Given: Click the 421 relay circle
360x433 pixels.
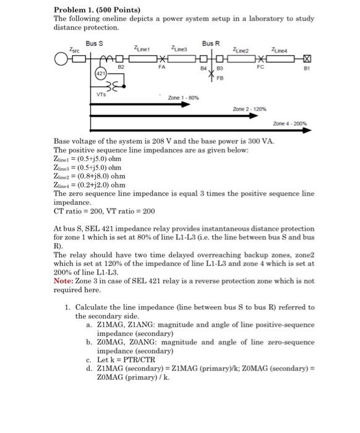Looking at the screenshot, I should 100,74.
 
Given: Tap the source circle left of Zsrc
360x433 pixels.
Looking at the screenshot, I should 60,59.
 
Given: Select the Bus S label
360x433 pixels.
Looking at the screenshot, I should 93,44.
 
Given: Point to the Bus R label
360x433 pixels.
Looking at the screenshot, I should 211,43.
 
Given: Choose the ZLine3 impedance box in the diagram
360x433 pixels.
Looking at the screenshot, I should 180,59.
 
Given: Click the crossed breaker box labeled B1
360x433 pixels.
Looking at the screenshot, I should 304,59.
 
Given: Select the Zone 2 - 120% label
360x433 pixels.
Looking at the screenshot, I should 249,108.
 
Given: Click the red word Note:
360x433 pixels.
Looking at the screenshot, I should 64,280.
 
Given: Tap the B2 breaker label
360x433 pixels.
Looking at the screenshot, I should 121,65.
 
